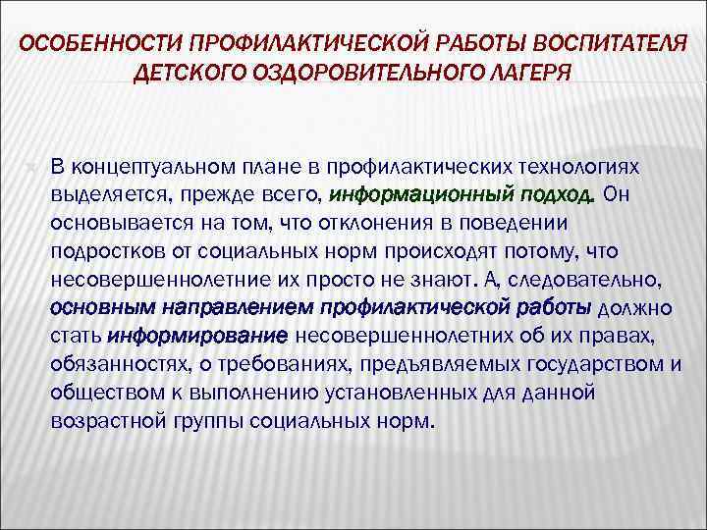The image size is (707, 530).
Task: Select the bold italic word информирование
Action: pyautogui.click(x=197, y=337)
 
